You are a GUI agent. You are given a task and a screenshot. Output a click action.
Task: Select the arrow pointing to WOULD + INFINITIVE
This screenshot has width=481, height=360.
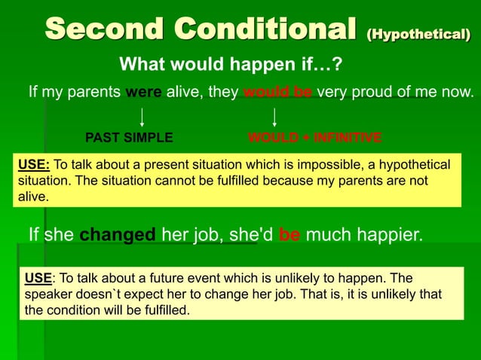click(x=274, y=117)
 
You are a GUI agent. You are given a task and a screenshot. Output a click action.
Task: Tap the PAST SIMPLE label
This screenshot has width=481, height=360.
click(x=129, y=138)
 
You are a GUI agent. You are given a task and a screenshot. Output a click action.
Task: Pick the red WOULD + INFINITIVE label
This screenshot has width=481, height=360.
click(x=314, y=138)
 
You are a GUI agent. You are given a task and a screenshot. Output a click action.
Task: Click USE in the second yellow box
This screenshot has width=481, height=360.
click(x=38, y=278)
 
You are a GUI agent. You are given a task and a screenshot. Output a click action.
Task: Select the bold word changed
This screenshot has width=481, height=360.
click(x=118, y=235)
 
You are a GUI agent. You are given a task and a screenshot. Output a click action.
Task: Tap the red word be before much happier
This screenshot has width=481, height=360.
click(x=290, y=235)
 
